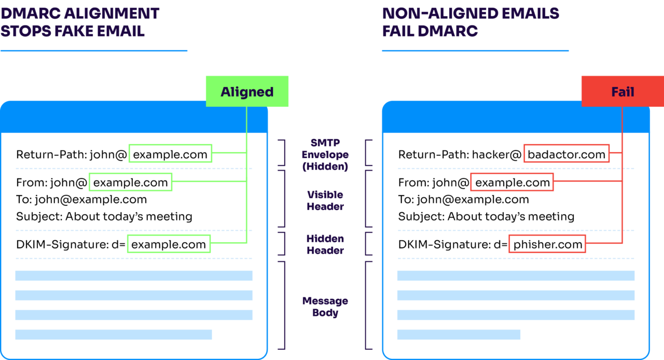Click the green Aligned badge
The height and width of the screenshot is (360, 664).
click(247, 91)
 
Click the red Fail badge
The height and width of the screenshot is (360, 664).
click(622, 91)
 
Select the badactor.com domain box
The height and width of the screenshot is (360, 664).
click(566, 154)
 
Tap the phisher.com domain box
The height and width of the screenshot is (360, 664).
click(547, 244)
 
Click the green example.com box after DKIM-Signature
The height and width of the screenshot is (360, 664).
click(169, 244)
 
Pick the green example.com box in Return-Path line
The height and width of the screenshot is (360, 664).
click(170, 154)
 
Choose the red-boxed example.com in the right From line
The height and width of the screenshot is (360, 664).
click(512, 182)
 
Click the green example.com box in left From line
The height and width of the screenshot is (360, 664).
click(130, 182)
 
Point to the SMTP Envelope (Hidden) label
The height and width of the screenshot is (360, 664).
click(326, 155)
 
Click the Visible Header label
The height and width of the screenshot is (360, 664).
click(325, 200)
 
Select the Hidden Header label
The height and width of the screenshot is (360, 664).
click(325, 244)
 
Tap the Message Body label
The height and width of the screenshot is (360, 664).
click(325, 307)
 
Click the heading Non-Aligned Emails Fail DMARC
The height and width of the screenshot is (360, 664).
click(470, 22)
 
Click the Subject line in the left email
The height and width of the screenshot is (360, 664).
click(104, 216)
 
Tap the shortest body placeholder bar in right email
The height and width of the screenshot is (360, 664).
click(459, 335)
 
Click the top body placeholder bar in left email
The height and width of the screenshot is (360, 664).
click(134, 275)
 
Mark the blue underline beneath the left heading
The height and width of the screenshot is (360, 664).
click(93, 51)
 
